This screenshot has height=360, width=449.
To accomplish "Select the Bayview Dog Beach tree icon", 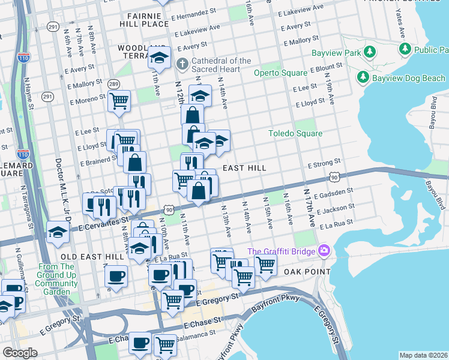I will point(363,77).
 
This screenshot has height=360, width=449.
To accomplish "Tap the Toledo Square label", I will point(295,134).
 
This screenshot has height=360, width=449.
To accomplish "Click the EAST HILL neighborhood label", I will point(244,168).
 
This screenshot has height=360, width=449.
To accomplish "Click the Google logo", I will point(20,353).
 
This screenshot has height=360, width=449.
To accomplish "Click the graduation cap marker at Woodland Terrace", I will point(159,58).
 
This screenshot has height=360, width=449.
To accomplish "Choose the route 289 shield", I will point(112,84).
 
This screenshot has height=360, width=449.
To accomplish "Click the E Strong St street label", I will point(324,162).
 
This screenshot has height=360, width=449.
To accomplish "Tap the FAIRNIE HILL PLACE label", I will point(144,23).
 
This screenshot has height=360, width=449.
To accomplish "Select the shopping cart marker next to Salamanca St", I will point(164,344).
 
